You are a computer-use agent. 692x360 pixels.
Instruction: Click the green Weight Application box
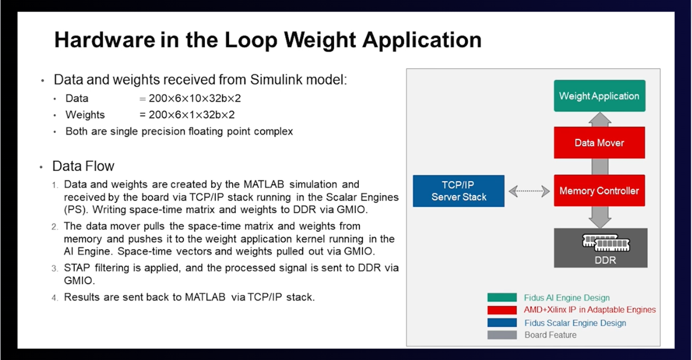pos(599,96)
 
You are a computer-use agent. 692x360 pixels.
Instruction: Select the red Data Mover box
pos(599,143)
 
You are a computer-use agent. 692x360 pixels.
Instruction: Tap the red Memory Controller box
pos(599,191)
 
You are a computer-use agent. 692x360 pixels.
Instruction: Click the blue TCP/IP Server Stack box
pos(458,191)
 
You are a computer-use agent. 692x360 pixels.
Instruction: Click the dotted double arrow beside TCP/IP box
pos(529,191)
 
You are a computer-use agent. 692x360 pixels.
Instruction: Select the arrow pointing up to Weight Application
pos(599,119)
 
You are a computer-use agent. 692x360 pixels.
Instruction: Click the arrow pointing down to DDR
pos(599,217)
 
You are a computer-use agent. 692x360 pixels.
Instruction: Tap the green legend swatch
pos(502,298)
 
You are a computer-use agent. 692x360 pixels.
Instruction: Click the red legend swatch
pos(502,310)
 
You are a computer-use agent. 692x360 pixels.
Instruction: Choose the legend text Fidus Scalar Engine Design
pos(575,323)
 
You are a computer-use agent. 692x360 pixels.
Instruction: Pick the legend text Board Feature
pos(550,335)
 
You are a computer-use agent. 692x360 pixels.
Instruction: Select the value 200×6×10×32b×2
pos(194,99)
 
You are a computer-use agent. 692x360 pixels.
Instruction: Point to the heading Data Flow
pos(83,166)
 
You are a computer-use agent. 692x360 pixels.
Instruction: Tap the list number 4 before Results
pos(55,298)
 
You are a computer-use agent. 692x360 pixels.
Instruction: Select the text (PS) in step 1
pos(74,209)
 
